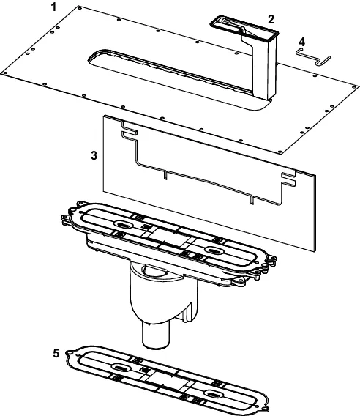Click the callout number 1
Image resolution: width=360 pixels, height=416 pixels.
coord(54,7)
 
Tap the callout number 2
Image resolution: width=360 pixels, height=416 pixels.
coord(271,19)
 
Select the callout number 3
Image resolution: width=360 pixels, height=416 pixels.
coord(94,155)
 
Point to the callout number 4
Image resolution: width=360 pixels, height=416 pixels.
coord(301,42)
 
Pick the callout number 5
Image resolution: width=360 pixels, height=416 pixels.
coord(56,354)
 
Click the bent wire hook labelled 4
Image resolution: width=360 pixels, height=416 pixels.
coord(314,56)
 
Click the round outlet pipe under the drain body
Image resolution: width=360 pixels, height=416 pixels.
coord(156,335)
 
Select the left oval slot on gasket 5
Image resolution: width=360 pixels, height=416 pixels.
coord(121,368)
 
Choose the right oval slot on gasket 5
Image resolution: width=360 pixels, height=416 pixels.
coord(214,393)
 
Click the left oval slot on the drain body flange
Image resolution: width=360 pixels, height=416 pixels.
coord(124,224)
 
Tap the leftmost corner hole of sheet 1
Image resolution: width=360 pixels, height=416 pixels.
coord(4,73)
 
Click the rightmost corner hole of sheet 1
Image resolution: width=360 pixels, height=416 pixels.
coord(354,86)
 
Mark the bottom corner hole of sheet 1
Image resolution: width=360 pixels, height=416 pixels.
coord(280,152)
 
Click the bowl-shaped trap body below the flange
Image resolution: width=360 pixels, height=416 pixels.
coord(164,291)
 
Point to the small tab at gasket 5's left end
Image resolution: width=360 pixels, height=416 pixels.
coord(70,353)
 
